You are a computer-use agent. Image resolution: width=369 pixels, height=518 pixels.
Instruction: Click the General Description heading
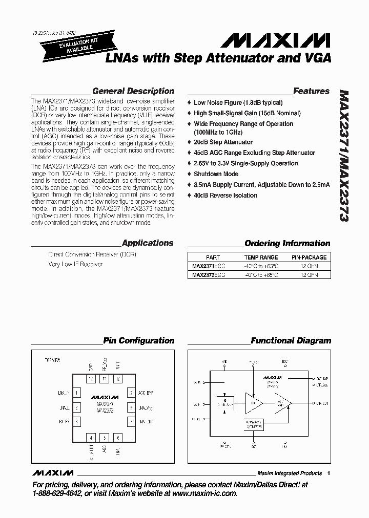(x=133, y=91)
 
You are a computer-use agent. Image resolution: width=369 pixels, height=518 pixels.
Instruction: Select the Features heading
(x=311, y=91)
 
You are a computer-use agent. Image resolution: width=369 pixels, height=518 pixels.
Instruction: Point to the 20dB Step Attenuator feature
(x=223, y=142)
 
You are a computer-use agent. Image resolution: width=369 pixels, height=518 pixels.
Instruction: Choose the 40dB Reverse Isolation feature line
(x=225, y=195)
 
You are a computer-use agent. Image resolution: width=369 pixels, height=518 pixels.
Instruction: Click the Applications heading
(x=148, y=243)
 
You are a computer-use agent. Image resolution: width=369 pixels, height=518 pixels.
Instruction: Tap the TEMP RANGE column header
(x=261, y=257)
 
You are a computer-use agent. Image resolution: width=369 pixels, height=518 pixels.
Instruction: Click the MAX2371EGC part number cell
(x=208, y=266)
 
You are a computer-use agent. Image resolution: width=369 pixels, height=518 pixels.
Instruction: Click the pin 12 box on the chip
(x=91, y=379)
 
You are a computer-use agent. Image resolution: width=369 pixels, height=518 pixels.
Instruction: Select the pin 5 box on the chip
(x=105, y=438)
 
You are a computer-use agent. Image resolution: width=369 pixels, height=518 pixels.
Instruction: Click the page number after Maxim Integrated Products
(x=329, y=473)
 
